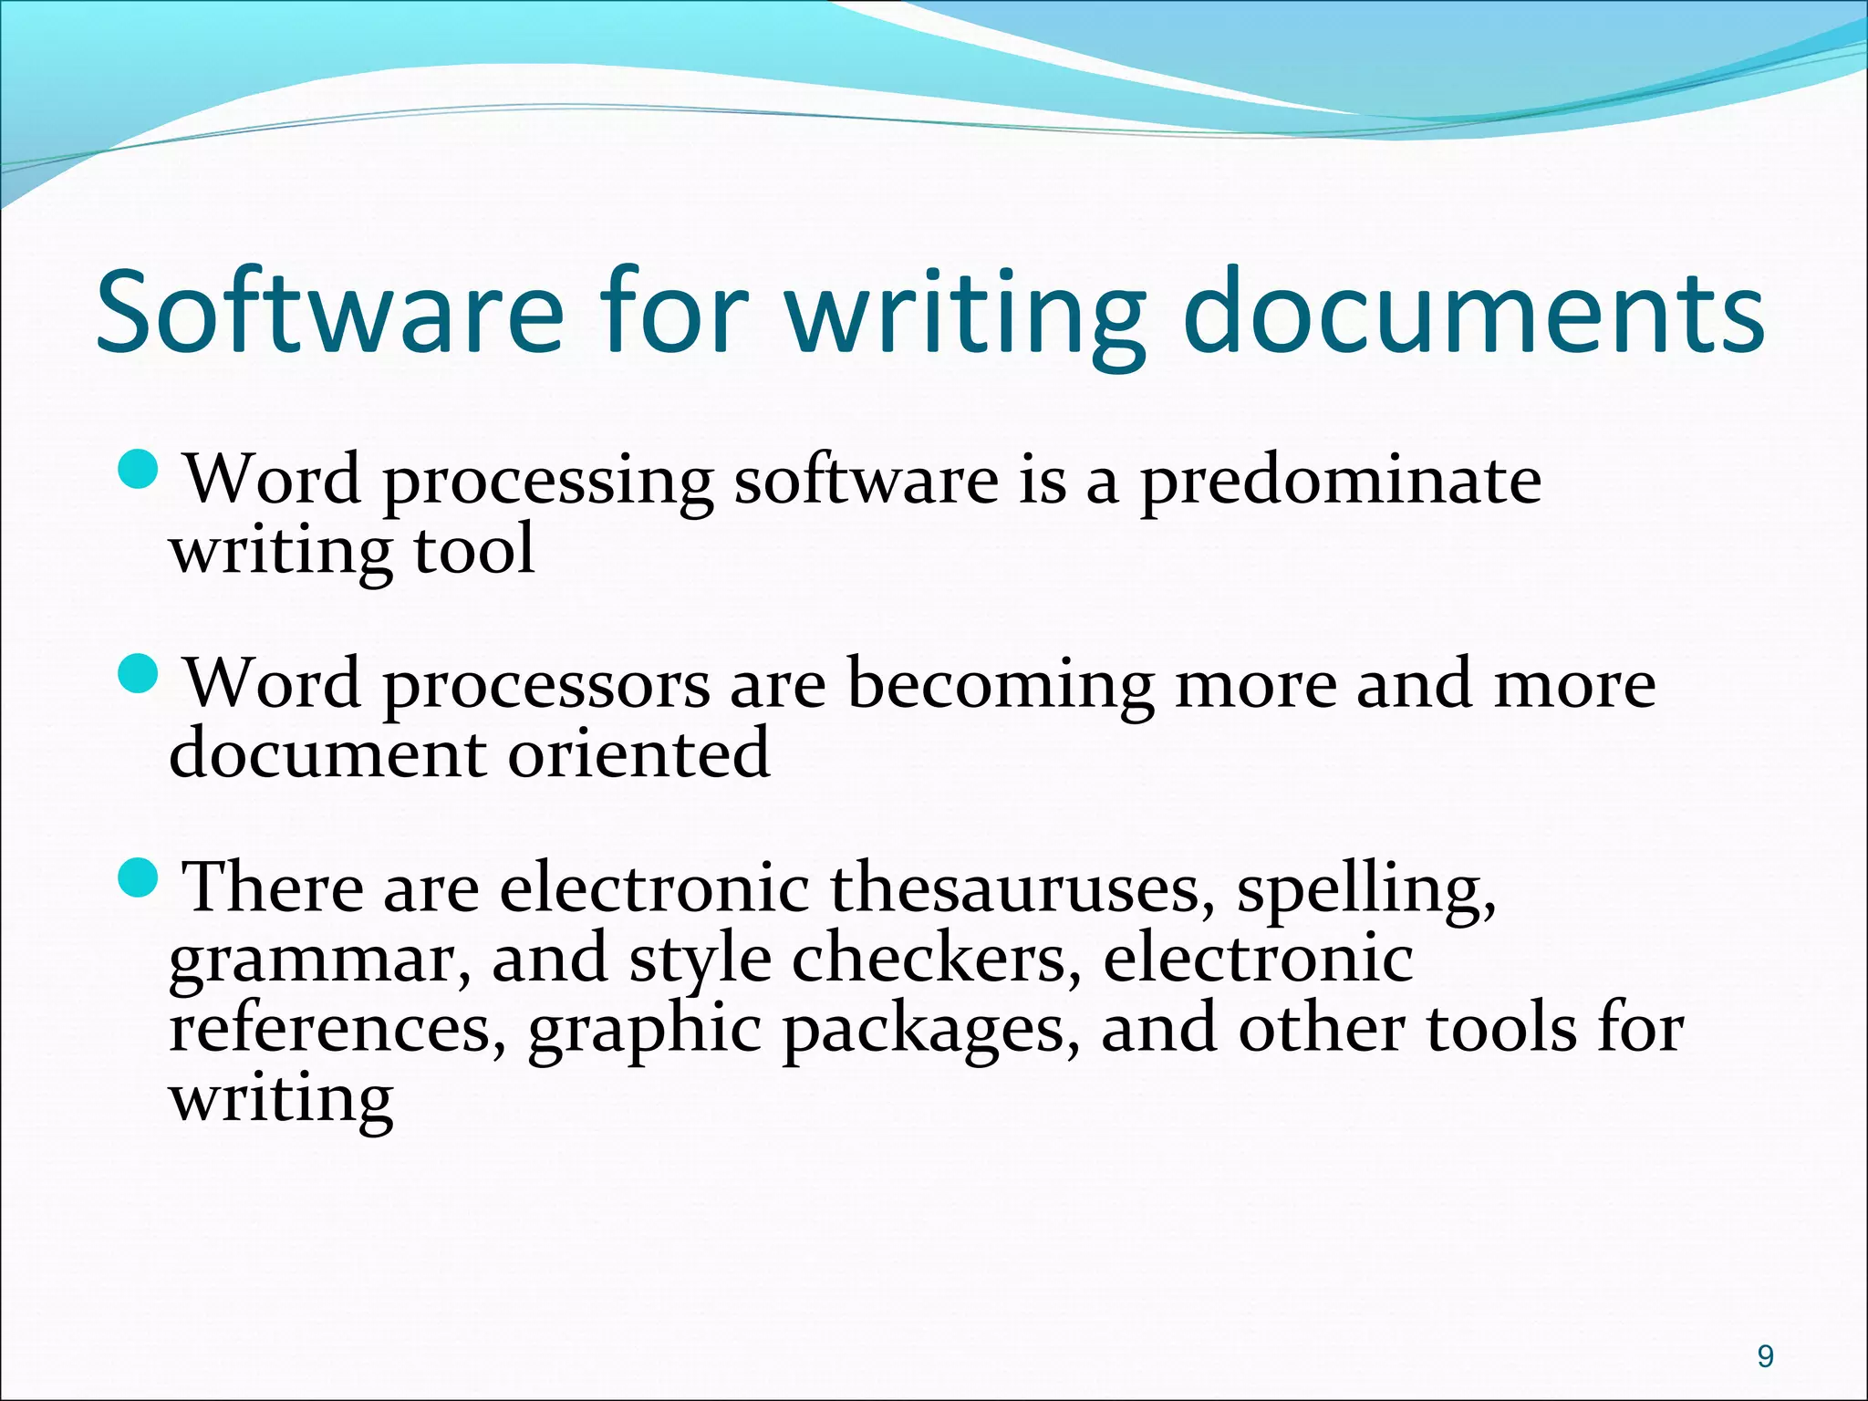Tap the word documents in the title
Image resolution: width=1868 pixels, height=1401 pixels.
click(x=1473, y=310)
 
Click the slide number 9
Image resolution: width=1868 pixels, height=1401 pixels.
click(x=1765, y=1356)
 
